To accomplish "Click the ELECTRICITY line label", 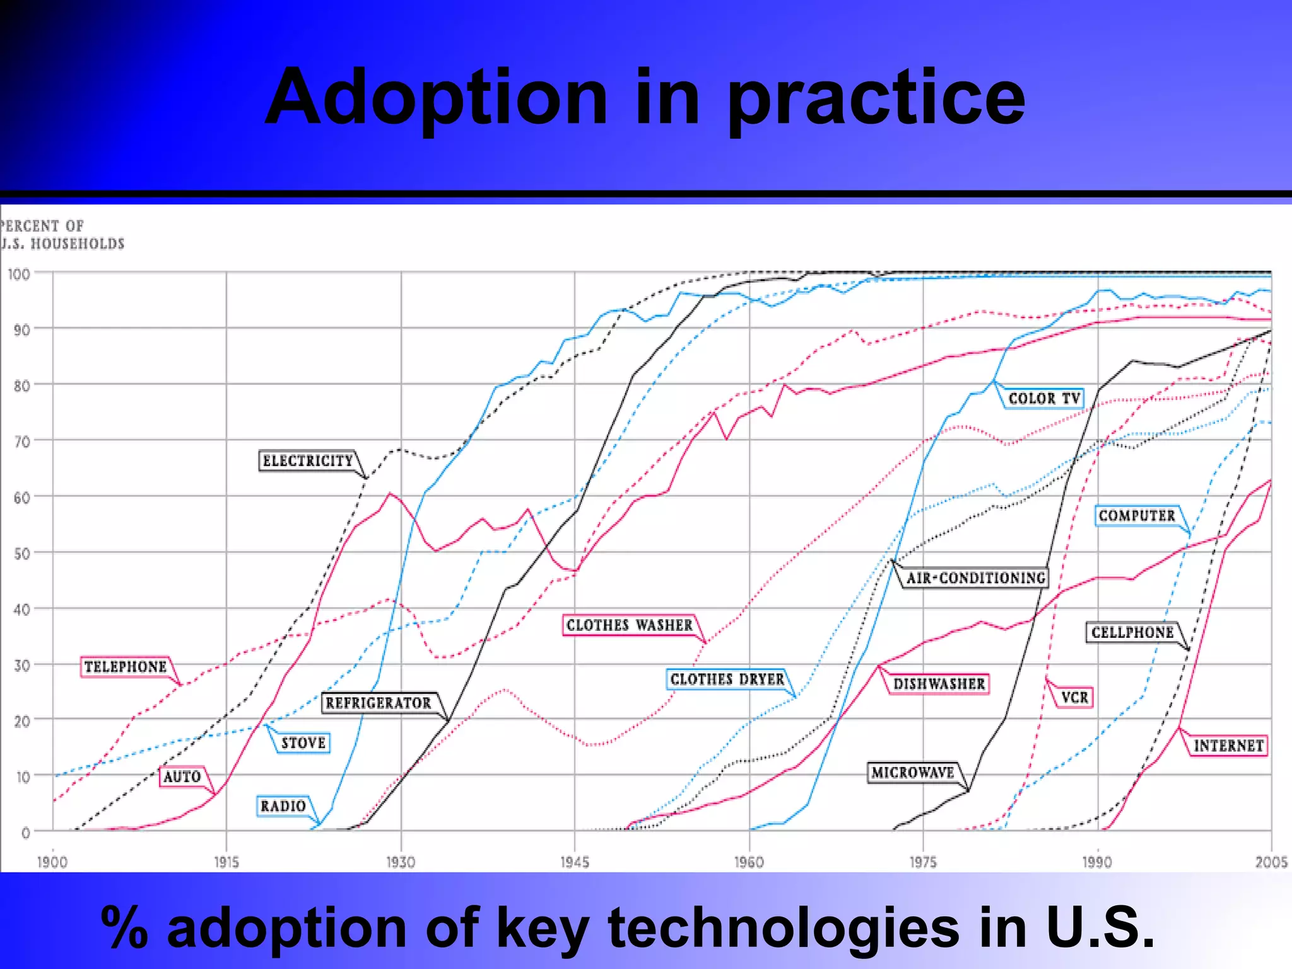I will pos(308,461).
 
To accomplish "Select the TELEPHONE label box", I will pos(126,666).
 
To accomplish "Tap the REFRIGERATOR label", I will pos(378,703).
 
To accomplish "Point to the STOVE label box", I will pos(303,743).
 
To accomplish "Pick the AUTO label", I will pos(182,777).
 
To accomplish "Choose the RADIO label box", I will pos(283,806).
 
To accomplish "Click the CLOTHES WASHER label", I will pos(629,625).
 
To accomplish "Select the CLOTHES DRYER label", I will pos(727,679).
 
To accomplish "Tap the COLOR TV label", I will pos(1044,399).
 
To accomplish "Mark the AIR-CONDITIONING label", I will pos(975,578).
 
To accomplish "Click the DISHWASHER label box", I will pos(939,684).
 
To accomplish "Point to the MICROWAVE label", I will pos(913,772).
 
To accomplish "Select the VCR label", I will pos(1074,697).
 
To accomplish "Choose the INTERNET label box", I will pos(1228,746).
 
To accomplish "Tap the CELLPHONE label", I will pos(1132,632).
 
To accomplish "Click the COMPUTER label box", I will pos(1137,515).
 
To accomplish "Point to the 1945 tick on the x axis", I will pos(575,862).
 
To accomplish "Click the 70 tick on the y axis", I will pos(22,442).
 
